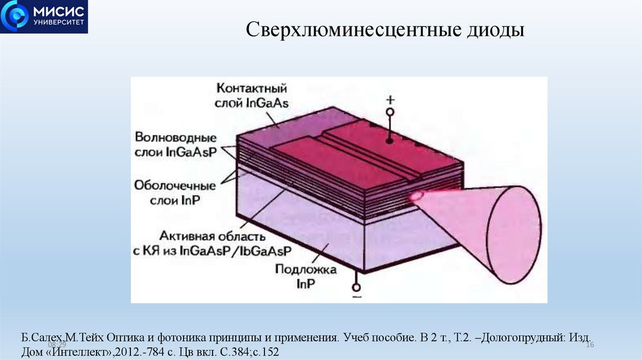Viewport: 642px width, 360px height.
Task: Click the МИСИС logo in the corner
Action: [44, 17]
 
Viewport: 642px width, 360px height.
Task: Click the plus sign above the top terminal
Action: [389, 100]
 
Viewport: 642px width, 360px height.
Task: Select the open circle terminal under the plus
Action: [389, 112]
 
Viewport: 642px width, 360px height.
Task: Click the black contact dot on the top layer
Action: [389, 141]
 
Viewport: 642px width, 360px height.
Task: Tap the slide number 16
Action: [589, 346]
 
